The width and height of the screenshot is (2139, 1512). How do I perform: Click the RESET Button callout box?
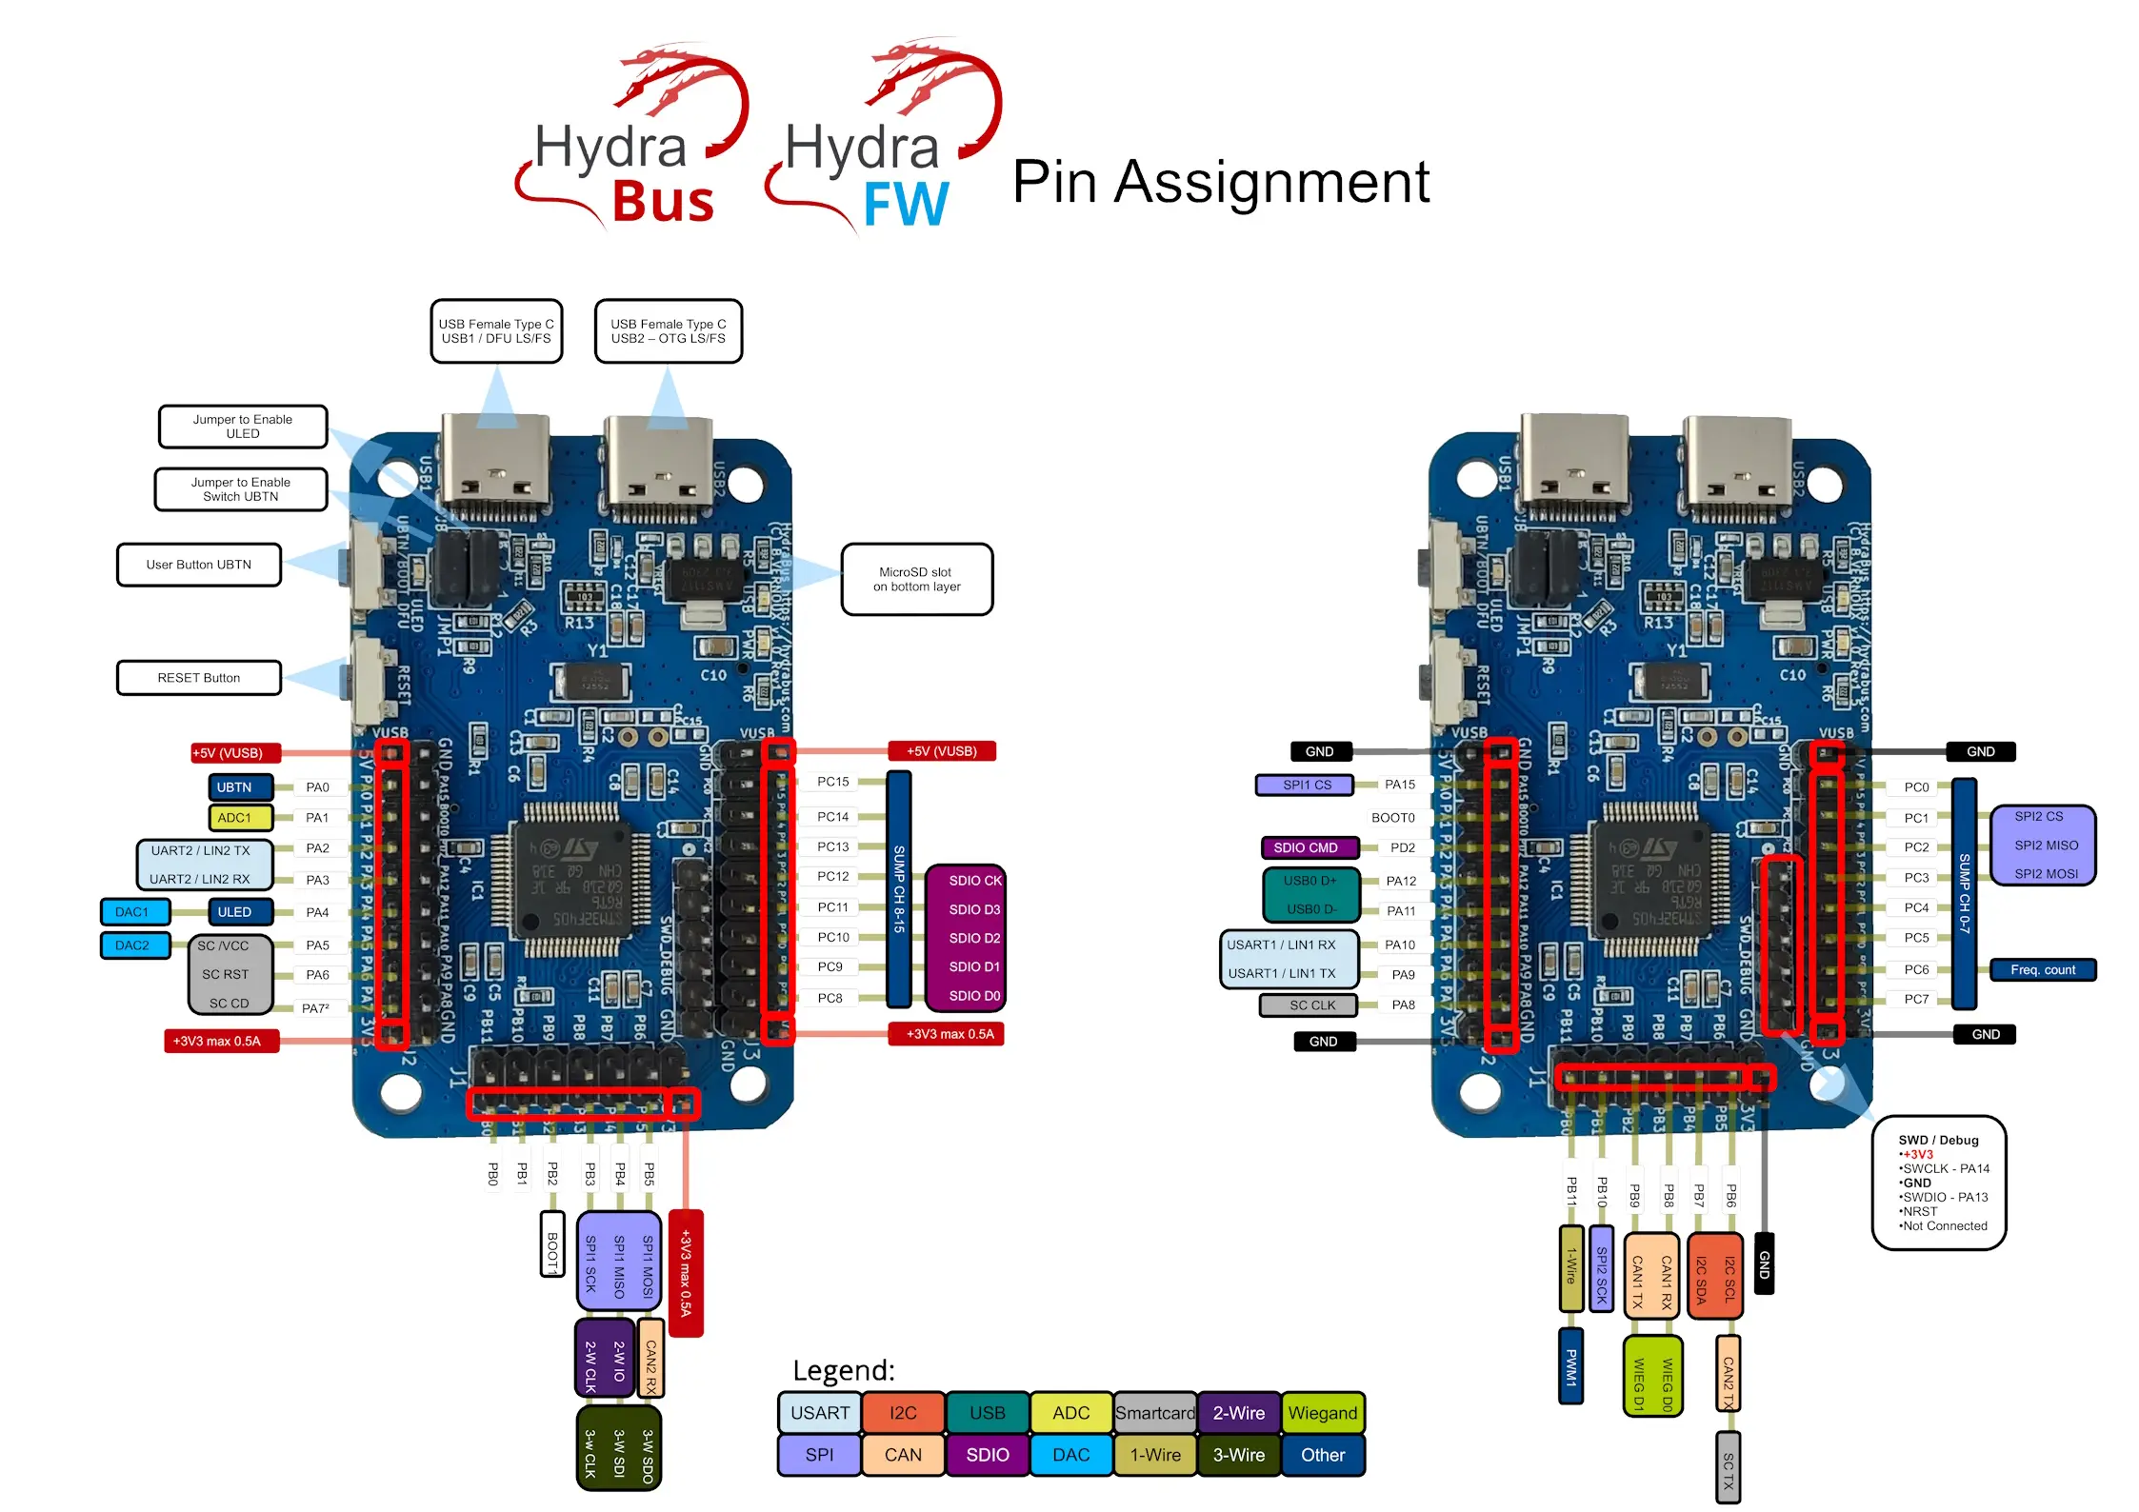[199, 678]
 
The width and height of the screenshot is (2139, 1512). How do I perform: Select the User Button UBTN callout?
[199, 565]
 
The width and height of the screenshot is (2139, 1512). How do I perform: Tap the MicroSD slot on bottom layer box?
[916, 579]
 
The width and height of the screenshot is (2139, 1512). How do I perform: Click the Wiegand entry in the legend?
[1322, 1413]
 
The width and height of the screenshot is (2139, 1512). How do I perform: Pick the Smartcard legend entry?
[1154, 1413]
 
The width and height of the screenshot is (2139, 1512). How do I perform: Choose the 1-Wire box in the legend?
[1154, 1455]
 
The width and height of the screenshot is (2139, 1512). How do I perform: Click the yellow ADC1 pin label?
[234, 818]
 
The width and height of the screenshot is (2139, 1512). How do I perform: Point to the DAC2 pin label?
[132, 945]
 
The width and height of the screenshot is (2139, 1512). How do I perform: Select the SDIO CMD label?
[1305, 847]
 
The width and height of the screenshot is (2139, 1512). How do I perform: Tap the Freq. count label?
[2042, 970]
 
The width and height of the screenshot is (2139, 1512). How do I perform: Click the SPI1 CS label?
[1307, 785]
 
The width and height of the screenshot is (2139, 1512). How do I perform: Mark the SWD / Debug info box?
[1939, 1183]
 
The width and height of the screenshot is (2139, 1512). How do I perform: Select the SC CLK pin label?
[1311, 1005]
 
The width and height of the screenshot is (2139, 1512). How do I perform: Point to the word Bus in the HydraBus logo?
[663, 202]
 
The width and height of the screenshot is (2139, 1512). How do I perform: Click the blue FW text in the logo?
[906, 204]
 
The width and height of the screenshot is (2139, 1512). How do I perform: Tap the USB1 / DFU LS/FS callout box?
[496, 331]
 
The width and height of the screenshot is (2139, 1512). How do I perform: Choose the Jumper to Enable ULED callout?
[243, 427]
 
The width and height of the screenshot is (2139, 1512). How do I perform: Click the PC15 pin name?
[832, 782]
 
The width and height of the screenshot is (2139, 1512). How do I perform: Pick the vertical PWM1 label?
[1570, 1366]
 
